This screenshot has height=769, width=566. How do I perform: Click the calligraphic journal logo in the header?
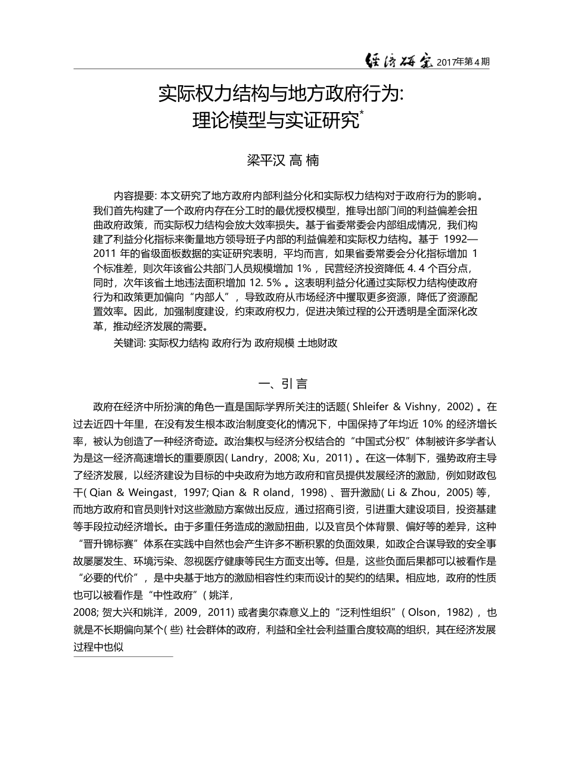399,60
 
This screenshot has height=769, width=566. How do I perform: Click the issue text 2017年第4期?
463,62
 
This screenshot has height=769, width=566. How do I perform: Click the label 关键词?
129,343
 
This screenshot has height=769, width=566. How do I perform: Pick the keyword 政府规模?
275,343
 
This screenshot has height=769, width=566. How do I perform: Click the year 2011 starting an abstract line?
104,253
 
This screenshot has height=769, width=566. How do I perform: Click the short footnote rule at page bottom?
123,657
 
